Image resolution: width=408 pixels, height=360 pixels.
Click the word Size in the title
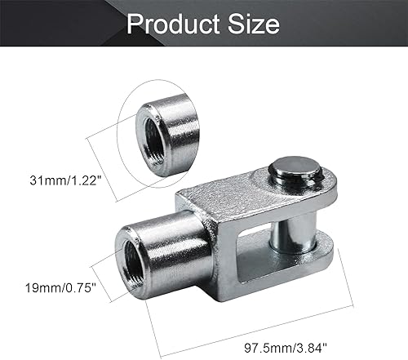[x=252, y=24]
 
